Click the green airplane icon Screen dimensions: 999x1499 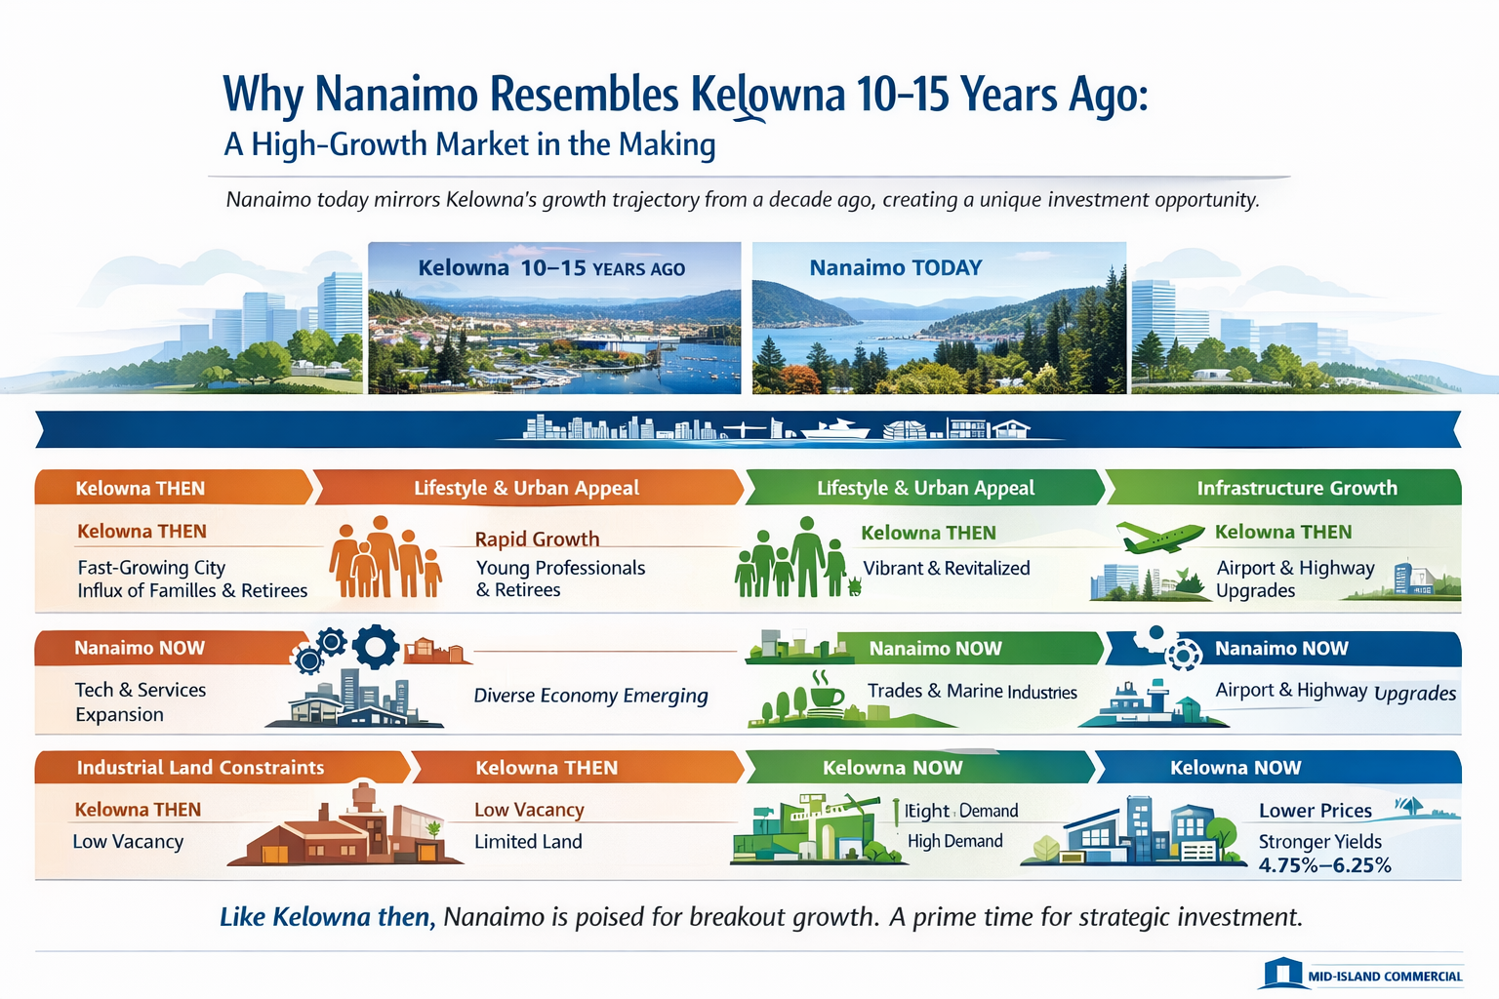coord(1159,536)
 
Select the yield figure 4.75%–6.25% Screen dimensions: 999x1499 coord(1324,865)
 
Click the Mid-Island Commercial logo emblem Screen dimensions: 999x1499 coord(1282,974)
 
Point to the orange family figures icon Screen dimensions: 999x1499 coord(385,558)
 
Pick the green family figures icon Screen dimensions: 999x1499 coord(791,559)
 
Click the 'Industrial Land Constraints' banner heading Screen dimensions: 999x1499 coord(200,768)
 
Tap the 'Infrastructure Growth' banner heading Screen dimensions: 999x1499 coord(1296,488)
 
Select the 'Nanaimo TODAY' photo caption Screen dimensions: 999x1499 coord(895,268)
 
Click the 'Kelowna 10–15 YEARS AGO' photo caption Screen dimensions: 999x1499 coord(551,268)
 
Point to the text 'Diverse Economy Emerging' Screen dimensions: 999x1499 coord(590,696)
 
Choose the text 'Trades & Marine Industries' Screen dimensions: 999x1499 coord(972,692)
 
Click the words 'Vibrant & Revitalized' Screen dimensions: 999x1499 coord(946,568)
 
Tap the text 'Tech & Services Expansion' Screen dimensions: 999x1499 coord(140,701)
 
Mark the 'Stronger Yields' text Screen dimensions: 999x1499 coord(1319,841)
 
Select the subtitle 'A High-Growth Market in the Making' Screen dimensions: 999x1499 coord(469,144)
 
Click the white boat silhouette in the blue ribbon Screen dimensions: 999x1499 coord(835,428)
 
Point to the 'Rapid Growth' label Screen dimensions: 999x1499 coord(537,539)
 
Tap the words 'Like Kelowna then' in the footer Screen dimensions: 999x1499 coord(326,917)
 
